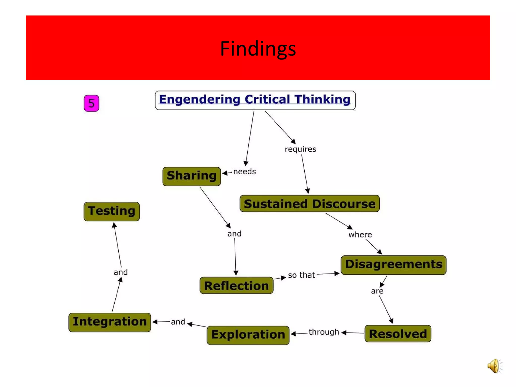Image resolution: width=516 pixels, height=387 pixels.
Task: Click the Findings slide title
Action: [x=258, y=48]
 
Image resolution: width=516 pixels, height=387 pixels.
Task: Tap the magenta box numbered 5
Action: [x=91, y=103]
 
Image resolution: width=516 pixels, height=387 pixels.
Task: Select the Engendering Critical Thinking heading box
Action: [x=255, y=100]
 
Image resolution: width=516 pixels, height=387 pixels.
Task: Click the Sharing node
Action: [x=191, y=176]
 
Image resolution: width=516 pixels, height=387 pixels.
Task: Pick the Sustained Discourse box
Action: [x=309, y=204]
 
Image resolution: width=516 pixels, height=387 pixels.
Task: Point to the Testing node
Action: [x=112, y=211]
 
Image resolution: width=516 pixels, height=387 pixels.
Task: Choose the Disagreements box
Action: [x=393, y=265]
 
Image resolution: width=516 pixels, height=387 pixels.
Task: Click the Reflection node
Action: [x=236, y=285]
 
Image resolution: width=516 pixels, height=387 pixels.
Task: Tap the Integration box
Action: [x=110, y=322]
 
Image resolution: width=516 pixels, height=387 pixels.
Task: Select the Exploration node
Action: [x=248, y=335]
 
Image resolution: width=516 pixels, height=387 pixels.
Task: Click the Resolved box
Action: [x=398, y=334]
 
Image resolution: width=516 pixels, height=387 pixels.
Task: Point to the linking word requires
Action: [x=300, y=149]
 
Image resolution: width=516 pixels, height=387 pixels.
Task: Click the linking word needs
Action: [x=244, y=172]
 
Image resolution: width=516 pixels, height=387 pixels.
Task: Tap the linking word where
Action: [x=360, y=235]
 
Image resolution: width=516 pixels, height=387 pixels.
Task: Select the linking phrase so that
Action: [x=301, y=275]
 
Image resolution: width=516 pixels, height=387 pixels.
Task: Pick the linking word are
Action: [x=377, y=291]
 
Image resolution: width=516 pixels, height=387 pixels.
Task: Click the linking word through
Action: [x=324, y=332]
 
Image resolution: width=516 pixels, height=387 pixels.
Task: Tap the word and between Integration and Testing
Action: [x=121, y=272]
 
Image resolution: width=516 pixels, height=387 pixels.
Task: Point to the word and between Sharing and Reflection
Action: [x=234, y=234]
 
